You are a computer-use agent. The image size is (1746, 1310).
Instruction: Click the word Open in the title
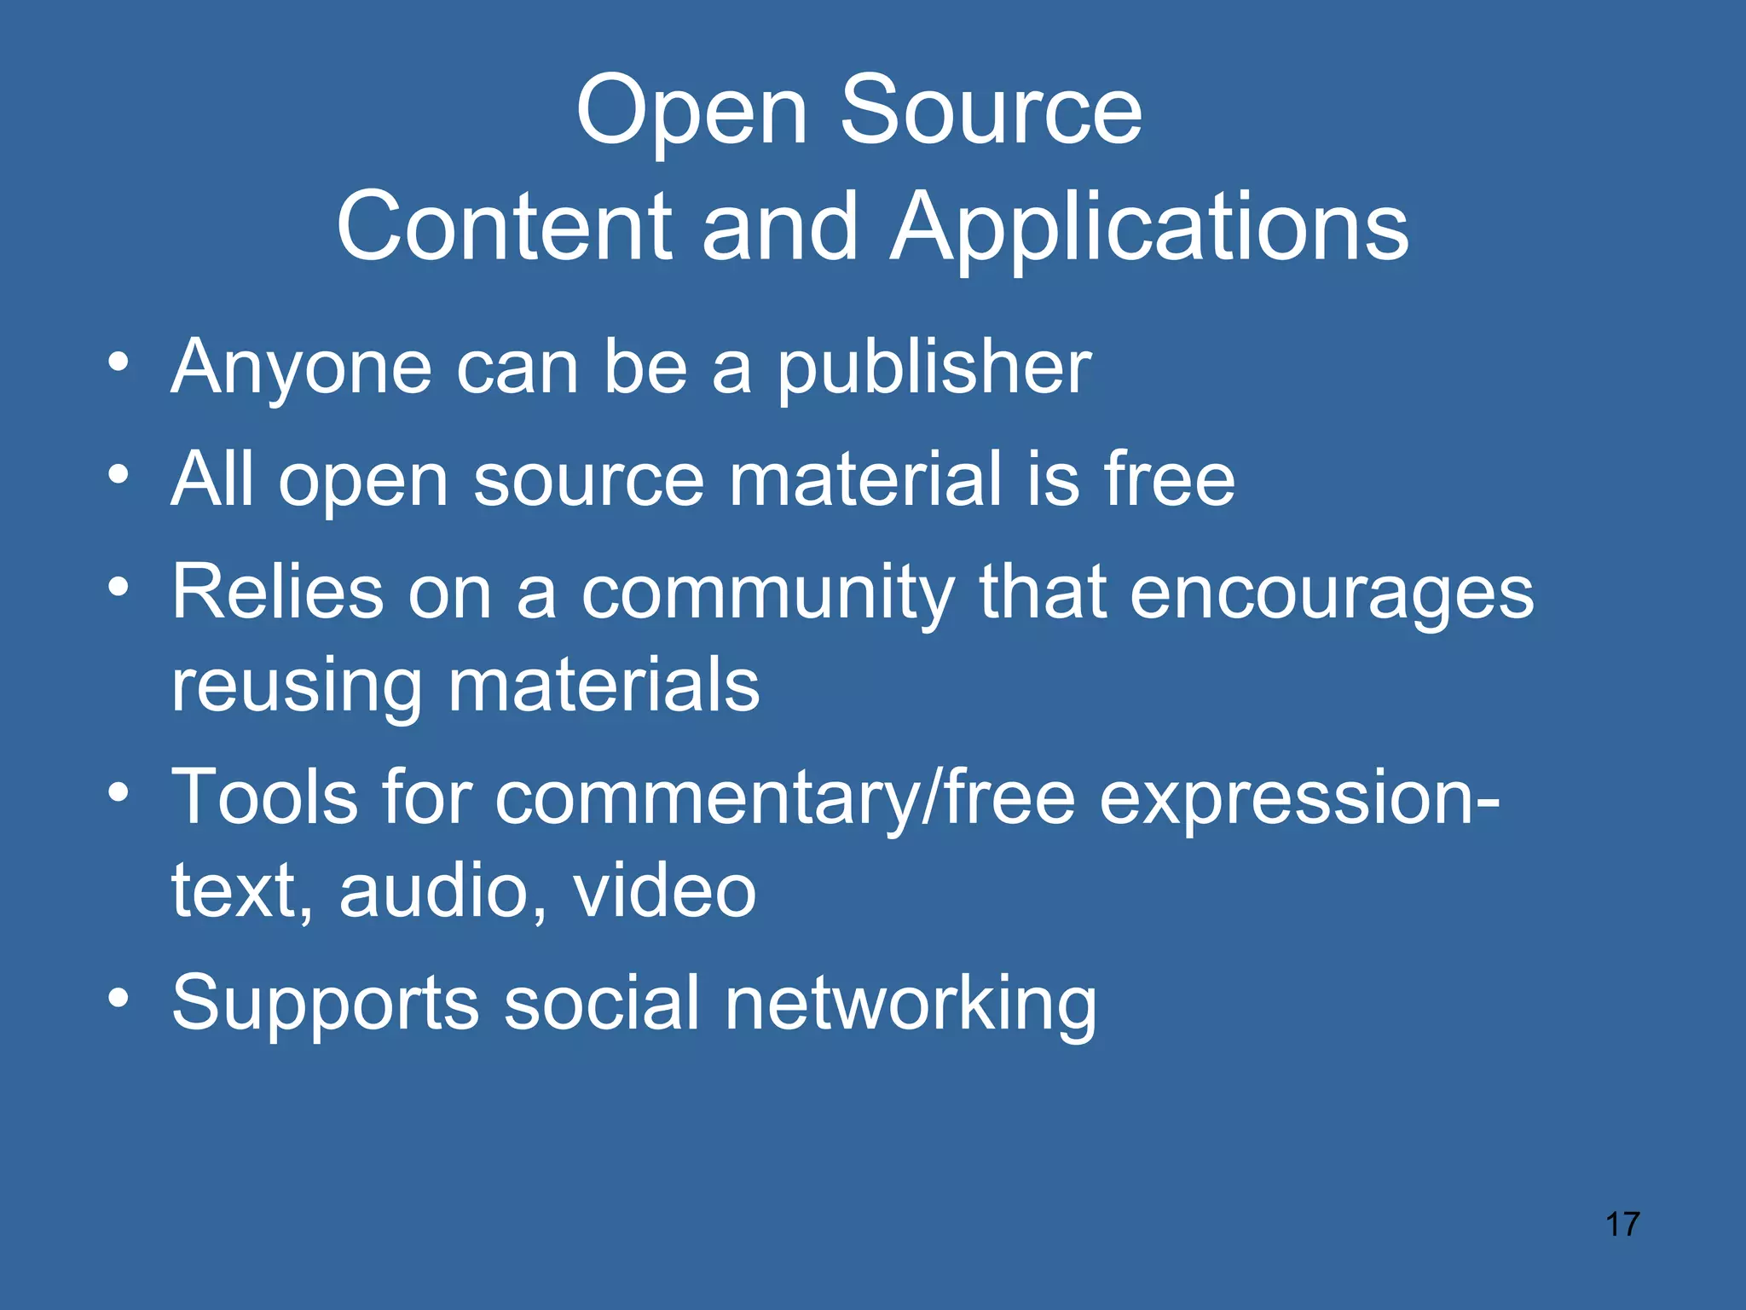click(x=691, y=111)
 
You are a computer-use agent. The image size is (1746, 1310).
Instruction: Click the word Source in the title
click(x=991, y=111)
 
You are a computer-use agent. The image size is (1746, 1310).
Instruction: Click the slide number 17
click(x=1622, y=1224)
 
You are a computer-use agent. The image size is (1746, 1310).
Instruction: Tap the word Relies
click(x=278, y=592)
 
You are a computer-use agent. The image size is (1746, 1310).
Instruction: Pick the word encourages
click(x=1332, y=594)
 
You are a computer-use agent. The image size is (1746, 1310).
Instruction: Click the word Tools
click(x=265, y=797)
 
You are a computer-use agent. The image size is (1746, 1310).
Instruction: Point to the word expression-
click(x=1299, y=798)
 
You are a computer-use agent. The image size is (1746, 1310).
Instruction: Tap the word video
click(x=665, y=890)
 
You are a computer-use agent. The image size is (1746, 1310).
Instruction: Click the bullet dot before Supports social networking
click(x=119, y=995)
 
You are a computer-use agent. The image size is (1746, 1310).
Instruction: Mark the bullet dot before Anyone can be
click(x=119, y=361)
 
